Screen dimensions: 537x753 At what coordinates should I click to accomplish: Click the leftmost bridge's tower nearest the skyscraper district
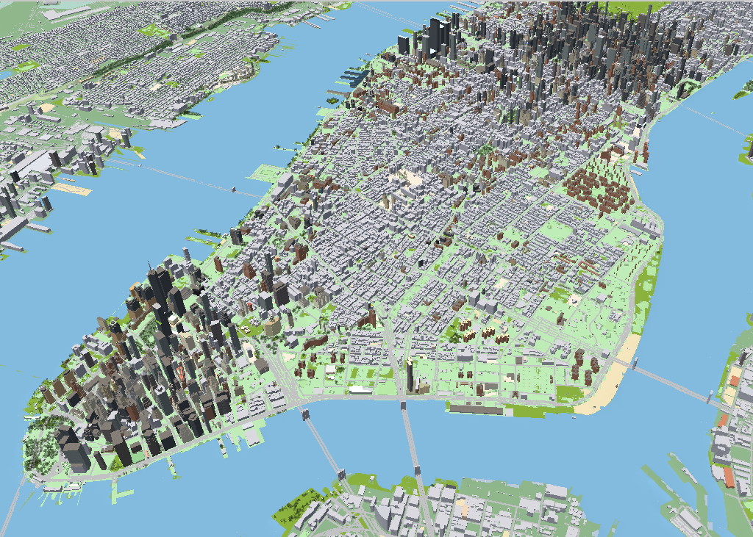point(305,415)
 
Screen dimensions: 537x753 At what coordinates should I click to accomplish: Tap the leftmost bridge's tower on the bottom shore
point(343,472)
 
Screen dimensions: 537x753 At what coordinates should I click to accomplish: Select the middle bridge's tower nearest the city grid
point(403,406)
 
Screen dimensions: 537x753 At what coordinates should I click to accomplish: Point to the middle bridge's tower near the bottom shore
point(417,469)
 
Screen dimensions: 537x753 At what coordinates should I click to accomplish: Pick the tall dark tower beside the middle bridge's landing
point(409,374)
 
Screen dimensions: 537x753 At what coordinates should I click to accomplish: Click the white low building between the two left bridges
point(360,389)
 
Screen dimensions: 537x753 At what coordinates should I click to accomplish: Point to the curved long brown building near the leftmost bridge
point(315,342)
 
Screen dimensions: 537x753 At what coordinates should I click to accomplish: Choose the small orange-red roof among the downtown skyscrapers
point(135,287)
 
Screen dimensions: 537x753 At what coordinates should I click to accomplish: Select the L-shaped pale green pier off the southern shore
point(117,488)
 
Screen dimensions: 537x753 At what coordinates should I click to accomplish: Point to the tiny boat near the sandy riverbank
point(573,417)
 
